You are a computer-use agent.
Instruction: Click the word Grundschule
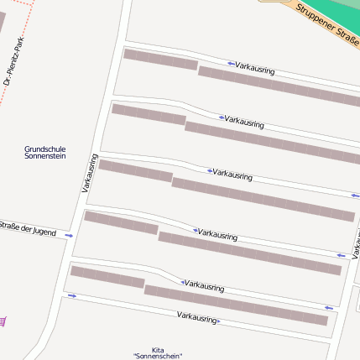[45, 149]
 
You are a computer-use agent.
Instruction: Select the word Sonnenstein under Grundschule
[45, 156]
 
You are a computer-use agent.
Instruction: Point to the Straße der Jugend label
[31, 229]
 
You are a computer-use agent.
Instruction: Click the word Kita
[158, 349]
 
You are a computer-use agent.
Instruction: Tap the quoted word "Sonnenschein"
[158, 357]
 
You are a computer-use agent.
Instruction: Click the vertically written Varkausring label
[90, 174]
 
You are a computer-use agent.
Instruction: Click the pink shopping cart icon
[3, 321]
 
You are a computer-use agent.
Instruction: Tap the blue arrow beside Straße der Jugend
[69, 236]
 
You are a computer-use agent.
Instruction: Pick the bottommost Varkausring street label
[197, 317]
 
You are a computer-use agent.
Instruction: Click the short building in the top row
[160, 60]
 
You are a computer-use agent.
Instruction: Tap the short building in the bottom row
[107, 277]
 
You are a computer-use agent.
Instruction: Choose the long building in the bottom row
[235, 305]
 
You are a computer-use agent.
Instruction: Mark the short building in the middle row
[135, 170]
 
